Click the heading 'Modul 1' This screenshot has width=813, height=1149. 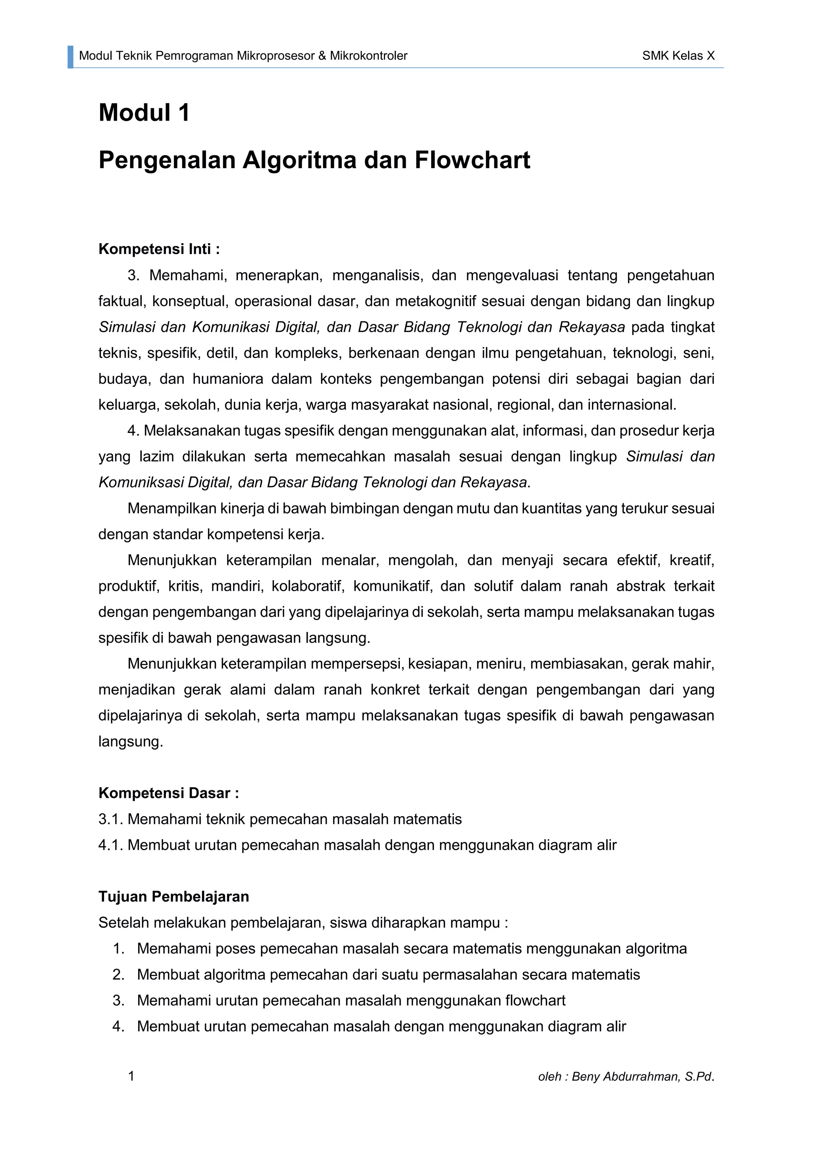[144, 112]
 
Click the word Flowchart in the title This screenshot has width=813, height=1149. [472, 160]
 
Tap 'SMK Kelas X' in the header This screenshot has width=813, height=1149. [678, 56]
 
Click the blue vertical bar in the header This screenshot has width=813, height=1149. [71, 57]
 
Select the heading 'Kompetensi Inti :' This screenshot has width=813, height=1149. [159, 249]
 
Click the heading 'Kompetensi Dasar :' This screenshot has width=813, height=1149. [169, 793]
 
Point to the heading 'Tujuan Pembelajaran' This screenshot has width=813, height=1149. [174, 896]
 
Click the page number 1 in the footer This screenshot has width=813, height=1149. [131, 1076]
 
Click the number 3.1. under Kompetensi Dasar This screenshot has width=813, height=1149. [111, 819]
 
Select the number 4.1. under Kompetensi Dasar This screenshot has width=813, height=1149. [111, 845]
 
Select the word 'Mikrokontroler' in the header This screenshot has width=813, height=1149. [368, 56]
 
